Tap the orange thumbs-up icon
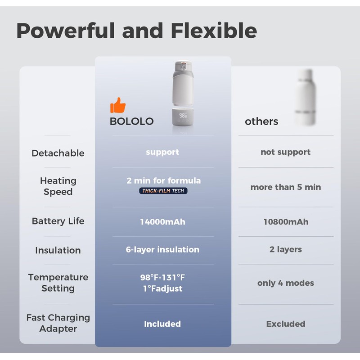118,106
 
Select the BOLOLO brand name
131,121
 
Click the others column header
261,121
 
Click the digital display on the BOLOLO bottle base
183,116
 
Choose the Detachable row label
58,153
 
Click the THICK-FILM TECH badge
163,191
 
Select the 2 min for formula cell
163,180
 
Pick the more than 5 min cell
286,187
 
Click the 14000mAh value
162,222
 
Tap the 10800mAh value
286,222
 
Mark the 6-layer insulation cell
162,249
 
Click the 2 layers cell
286,249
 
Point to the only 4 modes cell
286,283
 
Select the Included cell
162,324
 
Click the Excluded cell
286,324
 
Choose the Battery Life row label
58,221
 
